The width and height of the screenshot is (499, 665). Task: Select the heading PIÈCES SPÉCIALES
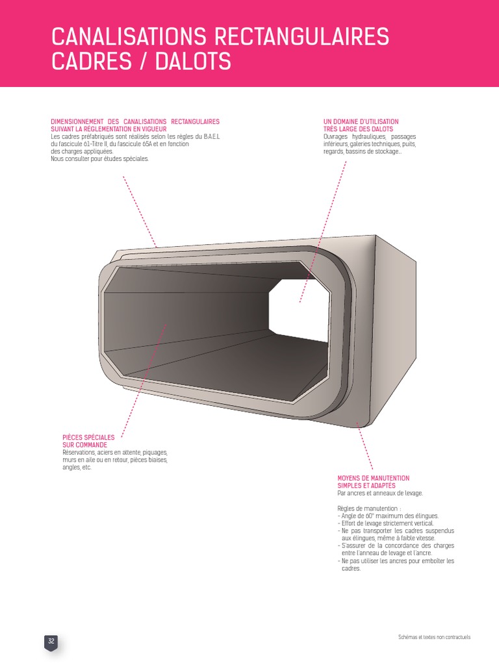click(x=88, y=438)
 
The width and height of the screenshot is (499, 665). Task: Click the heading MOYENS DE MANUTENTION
click(x=374, y=478)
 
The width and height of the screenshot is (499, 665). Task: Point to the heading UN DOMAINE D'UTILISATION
click(x=361, y=121)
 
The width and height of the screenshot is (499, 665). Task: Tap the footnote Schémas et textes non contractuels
click(x=434, y=637)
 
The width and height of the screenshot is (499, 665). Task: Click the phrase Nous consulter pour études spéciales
click(x=99, y=158)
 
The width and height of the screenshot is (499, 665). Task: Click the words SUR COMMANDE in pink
click(x=84, y=445)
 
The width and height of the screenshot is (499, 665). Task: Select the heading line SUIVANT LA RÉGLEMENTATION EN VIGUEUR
click(x=109, y=129)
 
